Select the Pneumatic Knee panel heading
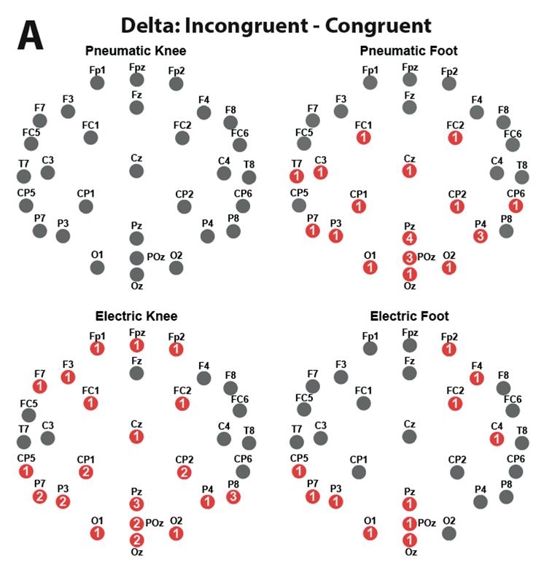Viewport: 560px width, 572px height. click(x=136, y=51)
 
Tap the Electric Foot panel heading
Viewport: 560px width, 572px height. click(x=409, y=316)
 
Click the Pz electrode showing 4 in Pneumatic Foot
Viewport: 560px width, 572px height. click(x=410, y=238)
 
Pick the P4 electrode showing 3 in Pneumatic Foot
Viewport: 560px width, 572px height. click(x=480, y=235)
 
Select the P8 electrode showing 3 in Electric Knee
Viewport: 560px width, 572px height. click(x=233, y=497)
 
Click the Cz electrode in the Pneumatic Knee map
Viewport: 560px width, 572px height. click(x=136, y=171)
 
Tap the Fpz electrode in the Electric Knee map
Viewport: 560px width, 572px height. click(x=136, y=345)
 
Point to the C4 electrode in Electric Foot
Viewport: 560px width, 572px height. click(x=497, y=439)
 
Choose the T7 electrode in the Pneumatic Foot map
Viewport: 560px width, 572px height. click(x=296, y=176)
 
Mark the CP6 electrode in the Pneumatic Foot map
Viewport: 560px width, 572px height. click(x=516, y=205)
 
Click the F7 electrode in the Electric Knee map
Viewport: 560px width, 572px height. click(x=40, y=386)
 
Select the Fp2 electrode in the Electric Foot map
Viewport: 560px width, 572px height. click(x=449, y=349)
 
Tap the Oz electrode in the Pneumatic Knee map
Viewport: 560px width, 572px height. click(x=136, y=274)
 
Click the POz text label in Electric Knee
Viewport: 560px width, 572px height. click(x=155, y=522)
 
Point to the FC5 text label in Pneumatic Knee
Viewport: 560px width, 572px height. click(x=31, y=133)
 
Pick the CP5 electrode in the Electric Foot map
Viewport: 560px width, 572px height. click(x=299, y=471)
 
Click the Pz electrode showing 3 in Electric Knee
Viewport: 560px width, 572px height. click(x=136, y=504)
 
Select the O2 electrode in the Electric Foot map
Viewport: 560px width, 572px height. click(x=449, y=533)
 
